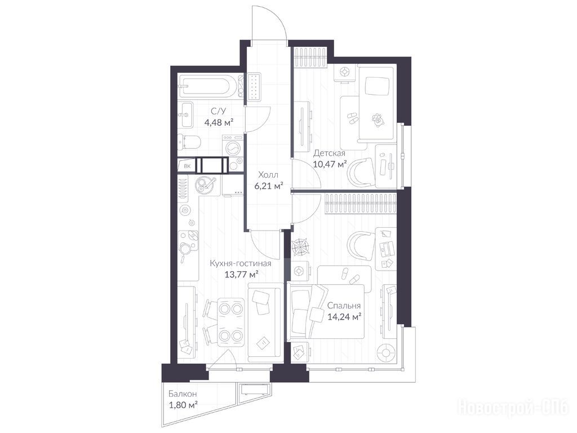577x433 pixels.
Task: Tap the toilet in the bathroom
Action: pyautogui.click(x=189, y=142)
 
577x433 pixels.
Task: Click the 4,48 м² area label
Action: pyautogui.click(x=219, y=122)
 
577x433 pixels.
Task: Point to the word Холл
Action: pyautogui.click(x=268, y=175)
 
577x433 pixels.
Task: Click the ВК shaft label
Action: pyautogui.click(x=187, y=166)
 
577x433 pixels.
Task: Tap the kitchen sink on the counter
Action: pyautogui.click(x=206, y=184)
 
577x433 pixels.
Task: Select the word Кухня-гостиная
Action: pyautogui.click(x=241, y=264)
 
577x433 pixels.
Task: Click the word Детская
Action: pyautogui.click(x=329, y=153)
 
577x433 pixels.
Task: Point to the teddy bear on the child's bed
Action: pyautogui.click(x=377, y=120)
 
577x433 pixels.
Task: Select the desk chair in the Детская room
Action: pyautogui.click(x=361, y=173)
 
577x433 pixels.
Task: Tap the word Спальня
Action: pyautogui.click(x=344, y=306)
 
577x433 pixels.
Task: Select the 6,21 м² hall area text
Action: pyautogui.click(x=269, y=185)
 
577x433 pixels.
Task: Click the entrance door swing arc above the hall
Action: pyautogui.click(x=278, y=19)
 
